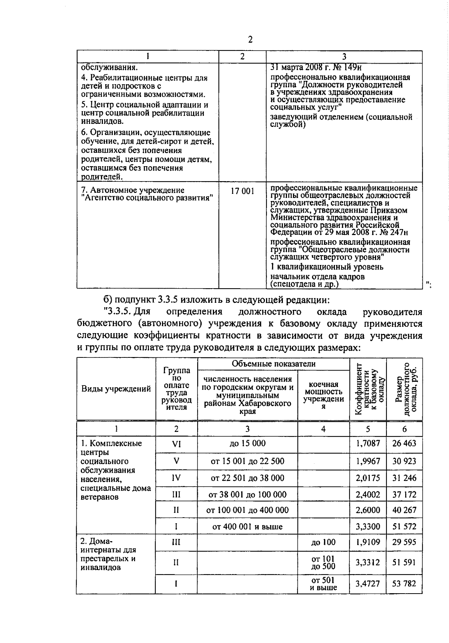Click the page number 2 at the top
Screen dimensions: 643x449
click(250, 40)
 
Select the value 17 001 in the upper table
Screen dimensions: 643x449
click(242, 191)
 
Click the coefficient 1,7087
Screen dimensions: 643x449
click(368, 444)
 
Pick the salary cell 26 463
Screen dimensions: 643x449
click(404, 444)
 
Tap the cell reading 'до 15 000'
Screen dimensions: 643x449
click(247, 444)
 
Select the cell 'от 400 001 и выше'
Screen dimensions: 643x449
click(247, 527)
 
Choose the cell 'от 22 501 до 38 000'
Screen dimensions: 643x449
click(247, 478)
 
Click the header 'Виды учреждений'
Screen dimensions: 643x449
click(116, 389)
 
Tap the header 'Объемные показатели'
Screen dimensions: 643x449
click(274, 364)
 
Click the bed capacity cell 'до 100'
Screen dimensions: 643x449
click(323, 542)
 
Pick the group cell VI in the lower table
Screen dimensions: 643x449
click(176, 444)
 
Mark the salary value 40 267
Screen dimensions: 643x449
click(404, 510)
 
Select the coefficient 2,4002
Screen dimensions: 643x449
click(368, 494)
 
